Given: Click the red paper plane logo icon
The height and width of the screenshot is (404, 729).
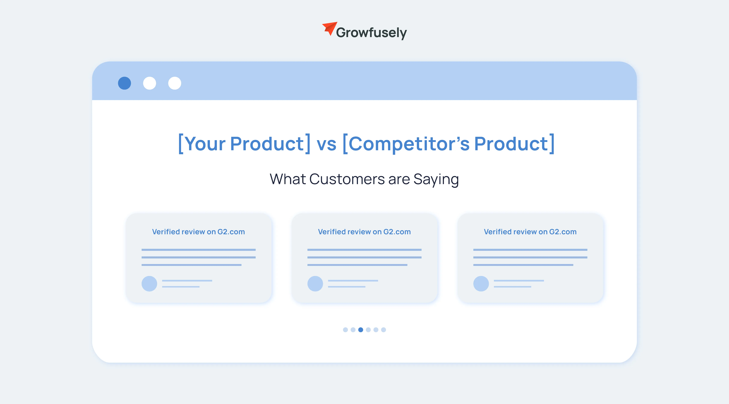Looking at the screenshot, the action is (x=330, y=28).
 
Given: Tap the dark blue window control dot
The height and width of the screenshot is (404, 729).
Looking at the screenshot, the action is (x=124, y=83).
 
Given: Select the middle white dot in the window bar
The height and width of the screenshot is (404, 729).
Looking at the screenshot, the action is (x=149, y=83).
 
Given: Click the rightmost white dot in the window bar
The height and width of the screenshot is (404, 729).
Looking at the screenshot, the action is (x=175, y=83).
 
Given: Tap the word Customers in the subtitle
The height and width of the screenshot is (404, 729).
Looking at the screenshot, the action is (x=347, y=179).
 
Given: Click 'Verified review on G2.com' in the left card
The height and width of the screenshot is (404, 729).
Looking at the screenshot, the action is (x=198, y=232).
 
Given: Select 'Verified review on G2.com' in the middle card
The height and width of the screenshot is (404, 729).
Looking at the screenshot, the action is (x=364, y=232).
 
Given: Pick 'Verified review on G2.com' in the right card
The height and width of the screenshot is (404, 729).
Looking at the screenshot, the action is (x=530, y=232).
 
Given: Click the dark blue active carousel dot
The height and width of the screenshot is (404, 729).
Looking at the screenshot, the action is (x=361, y=330).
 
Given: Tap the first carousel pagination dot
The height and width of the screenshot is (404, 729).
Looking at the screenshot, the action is (x=345, y=330).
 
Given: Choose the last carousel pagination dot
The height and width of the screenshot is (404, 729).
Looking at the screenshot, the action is (x=383, y=330).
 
